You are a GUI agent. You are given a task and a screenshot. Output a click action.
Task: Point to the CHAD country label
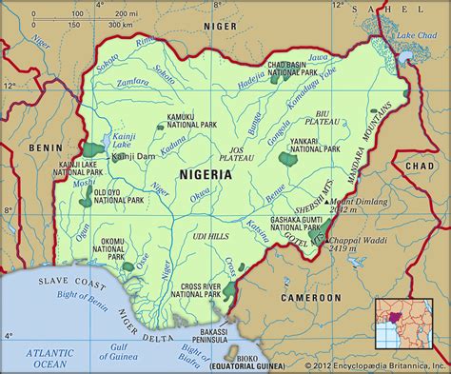coord(419,167)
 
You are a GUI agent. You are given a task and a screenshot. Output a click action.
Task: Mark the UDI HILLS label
coord(208,235)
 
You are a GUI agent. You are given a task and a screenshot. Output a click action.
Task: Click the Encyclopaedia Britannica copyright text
coord(374,365)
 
